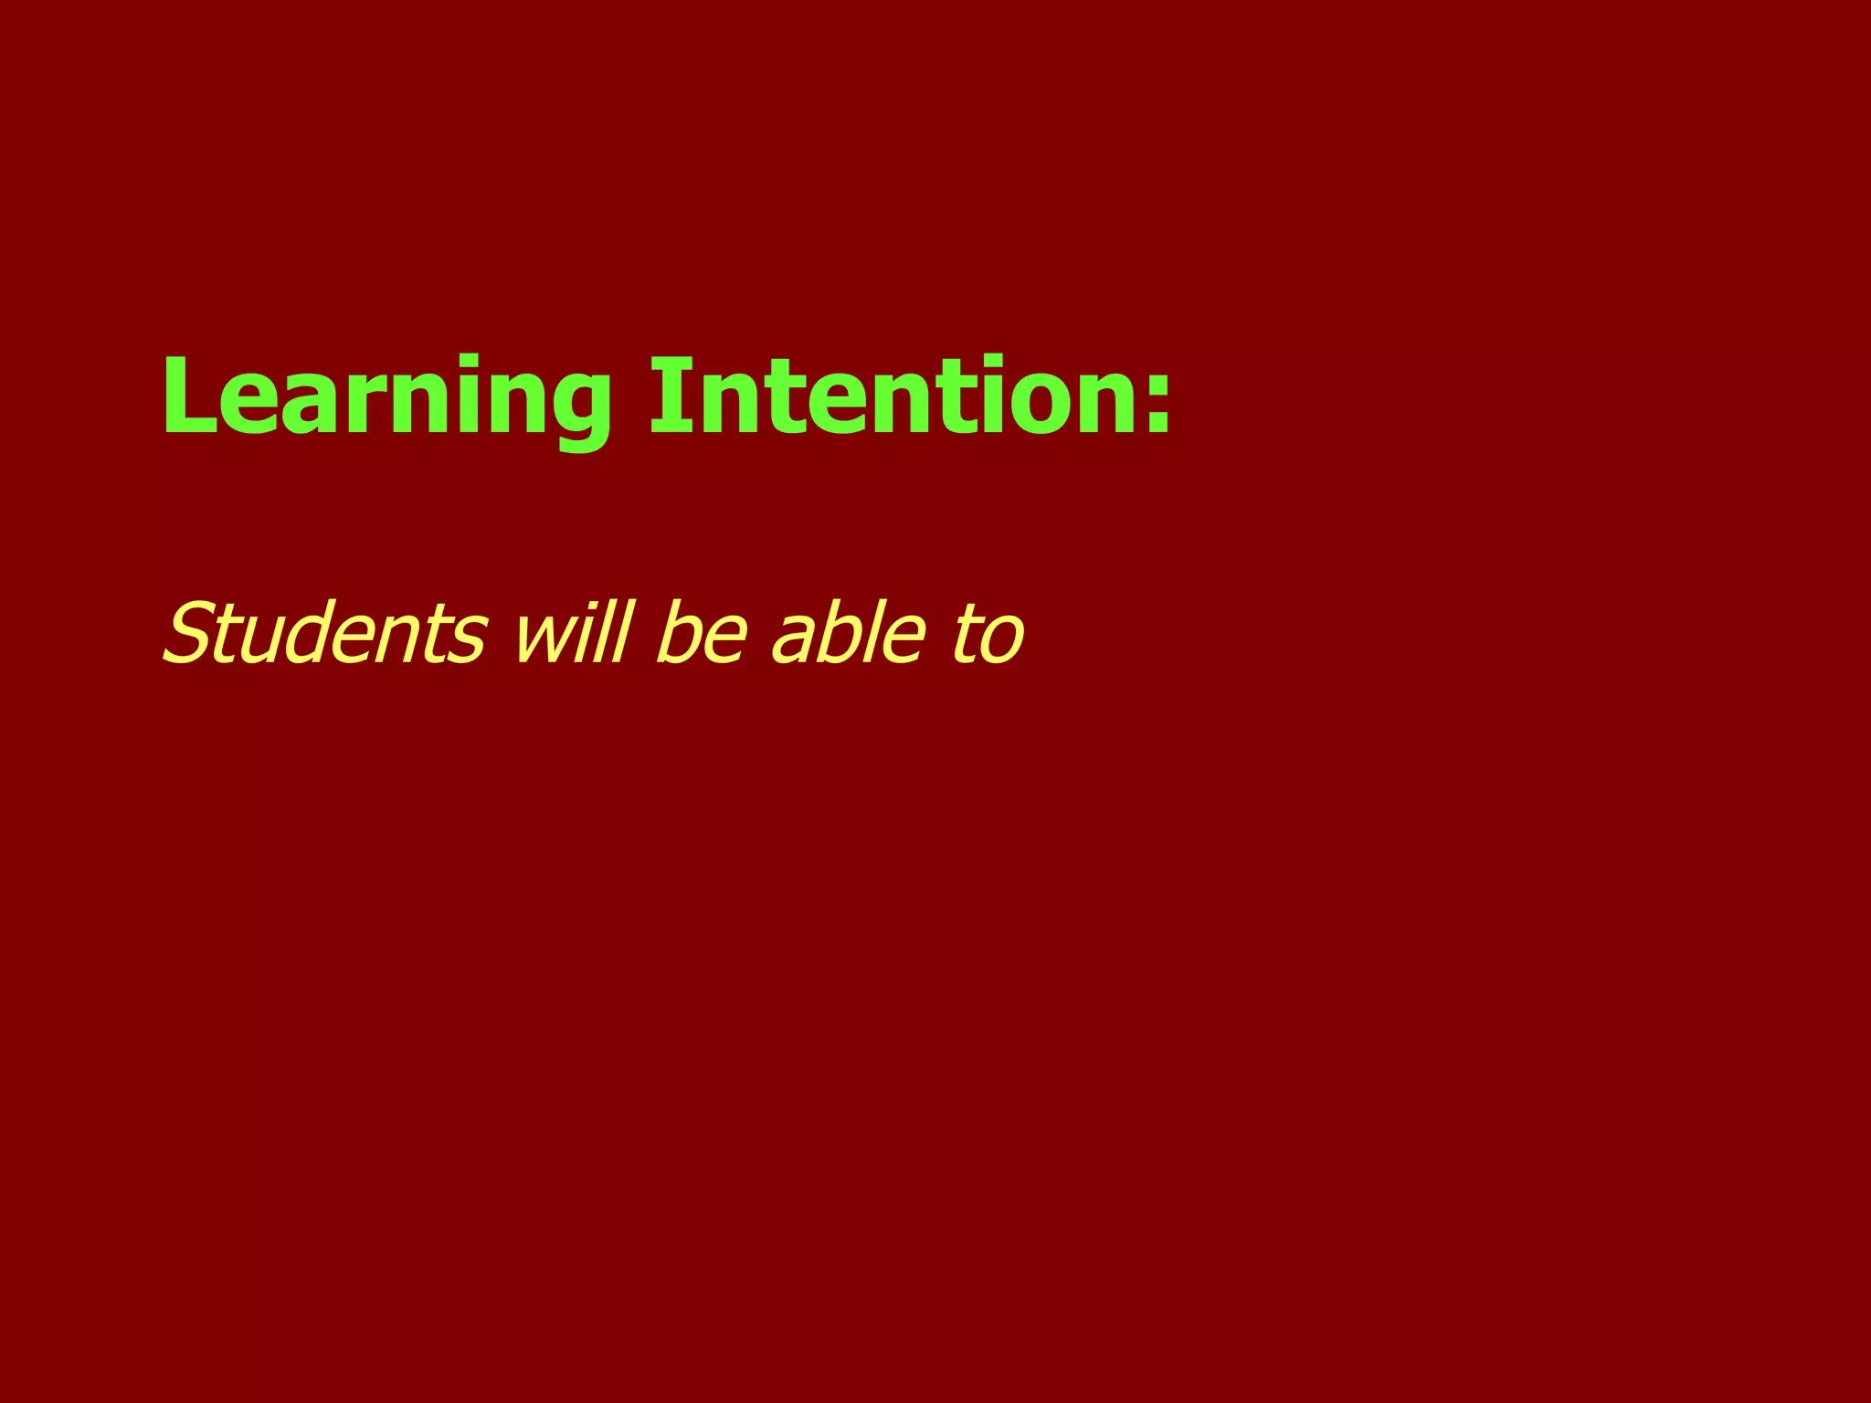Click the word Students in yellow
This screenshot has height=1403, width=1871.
pos(325,632)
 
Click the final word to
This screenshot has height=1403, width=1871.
pos(987,634)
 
